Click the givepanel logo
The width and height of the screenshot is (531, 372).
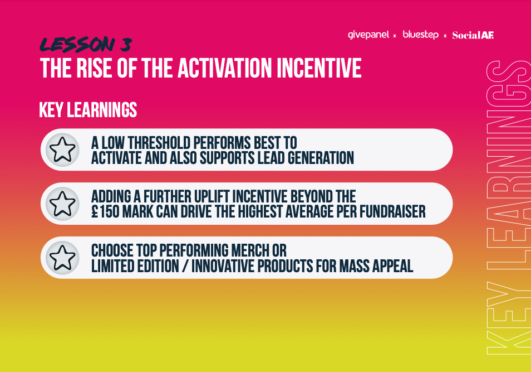tap(368, 35)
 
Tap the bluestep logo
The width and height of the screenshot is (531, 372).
tap(420, 35)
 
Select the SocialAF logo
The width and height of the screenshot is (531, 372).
tap(473, 35)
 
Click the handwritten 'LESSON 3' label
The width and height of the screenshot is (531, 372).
tap(86, 45)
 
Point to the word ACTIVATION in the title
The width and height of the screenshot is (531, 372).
tap(224, 68)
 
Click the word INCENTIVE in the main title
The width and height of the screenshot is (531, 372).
tap(319, 68)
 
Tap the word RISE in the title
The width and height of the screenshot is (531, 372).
tap(94, 68)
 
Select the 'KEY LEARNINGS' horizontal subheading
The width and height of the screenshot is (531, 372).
tap(88, 110)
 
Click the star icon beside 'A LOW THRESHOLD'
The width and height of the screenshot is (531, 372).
tap(62, 149)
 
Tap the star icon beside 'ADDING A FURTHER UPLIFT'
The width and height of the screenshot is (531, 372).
tap(62, 204)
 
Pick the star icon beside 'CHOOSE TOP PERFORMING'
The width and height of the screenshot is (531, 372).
tap(62, 258)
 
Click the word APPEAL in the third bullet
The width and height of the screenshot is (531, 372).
tap(392, 266)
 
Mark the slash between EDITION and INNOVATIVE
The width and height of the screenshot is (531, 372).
tap(185, 266)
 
